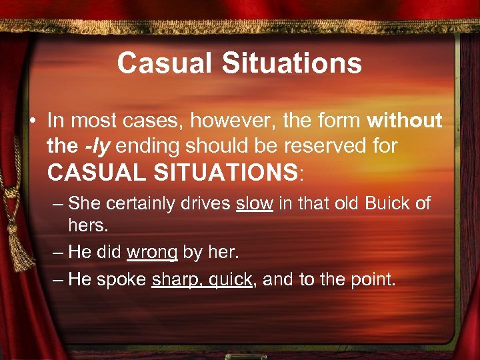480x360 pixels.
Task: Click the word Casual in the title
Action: [161, 63]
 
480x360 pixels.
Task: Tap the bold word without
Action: [404, 120]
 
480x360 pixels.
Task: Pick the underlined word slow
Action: [254, 203]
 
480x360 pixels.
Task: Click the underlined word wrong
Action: [152, 253]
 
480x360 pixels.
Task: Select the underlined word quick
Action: [229, 279]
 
